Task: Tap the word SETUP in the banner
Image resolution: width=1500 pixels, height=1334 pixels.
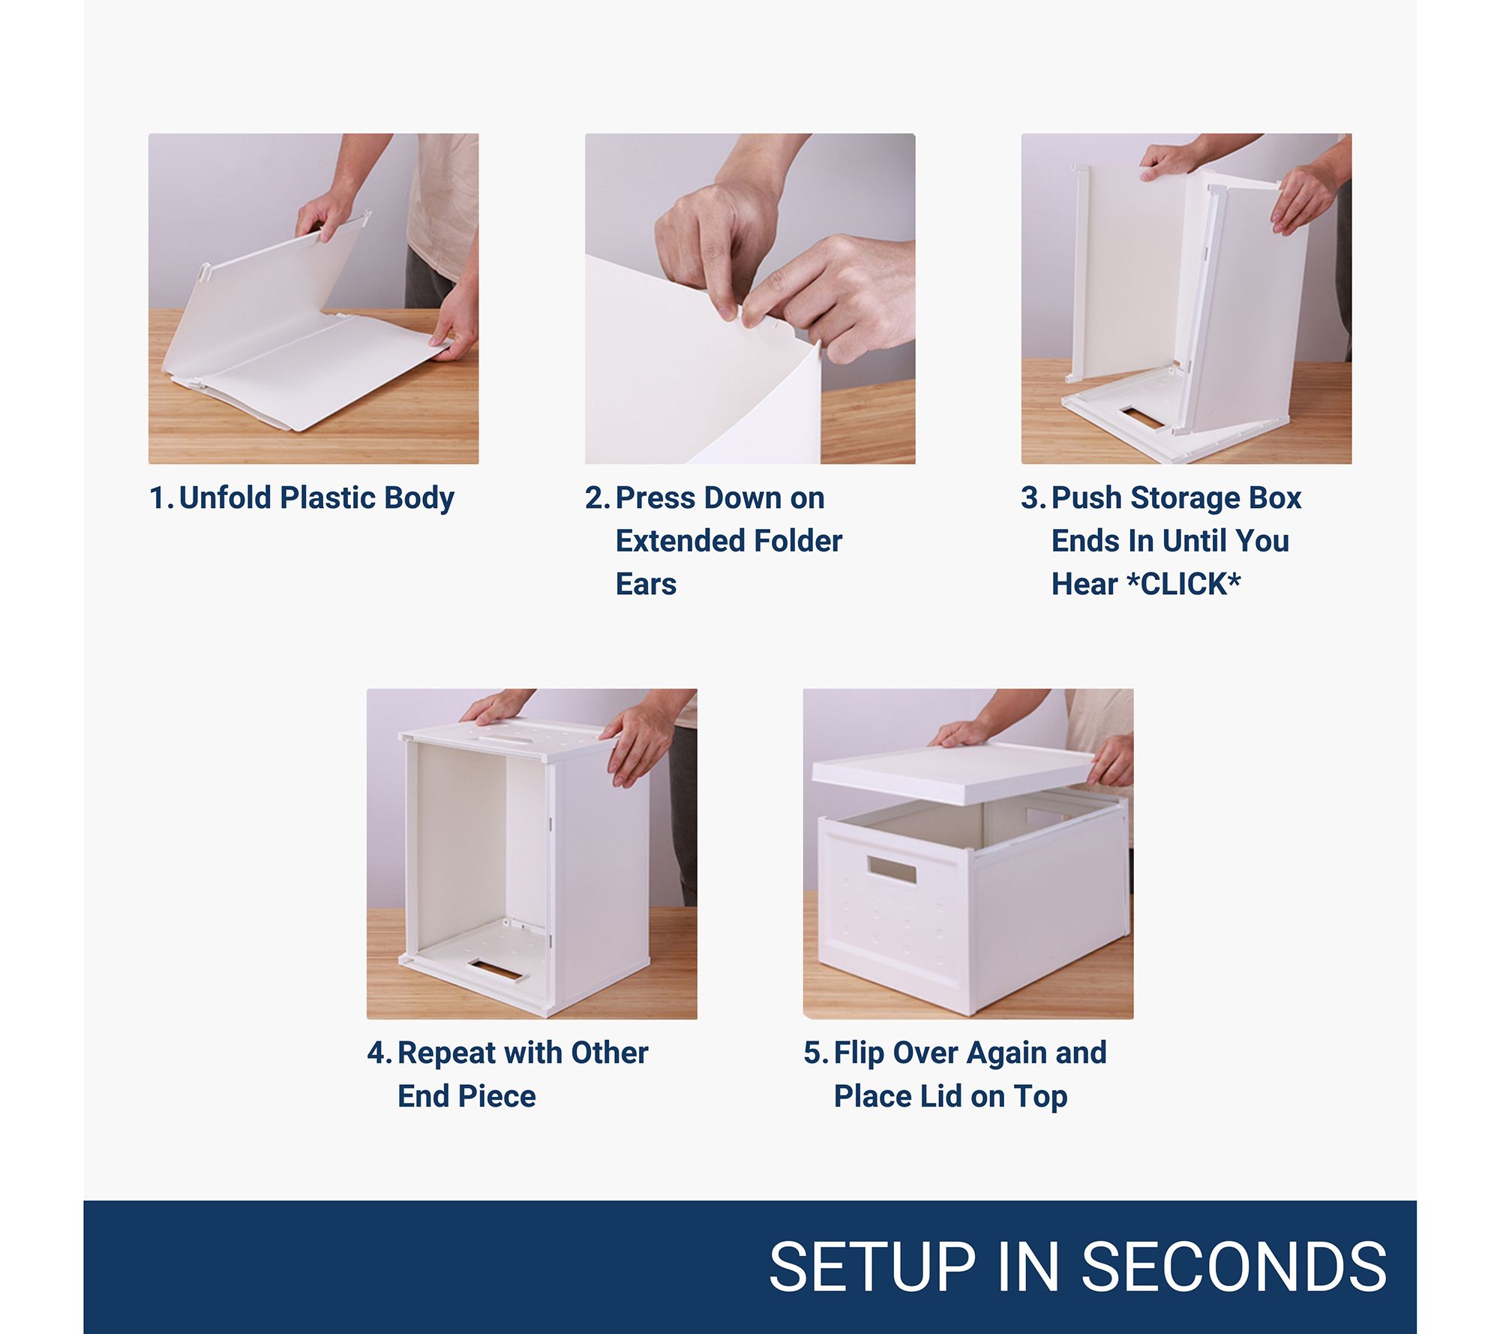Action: [x=872, y=1267]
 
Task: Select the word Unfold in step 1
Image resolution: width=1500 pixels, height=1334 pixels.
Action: [x=225, y=497]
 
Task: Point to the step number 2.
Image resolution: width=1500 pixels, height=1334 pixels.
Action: [x=595, y=498]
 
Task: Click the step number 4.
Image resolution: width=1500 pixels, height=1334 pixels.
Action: [x=376, y=1053]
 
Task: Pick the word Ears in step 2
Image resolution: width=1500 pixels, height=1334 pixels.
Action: [x=646, y=584]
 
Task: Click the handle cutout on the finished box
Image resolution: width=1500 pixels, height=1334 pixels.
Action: [x=892, y=870]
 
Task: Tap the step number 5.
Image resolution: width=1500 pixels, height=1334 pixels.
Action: [x=813, y=1053]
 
